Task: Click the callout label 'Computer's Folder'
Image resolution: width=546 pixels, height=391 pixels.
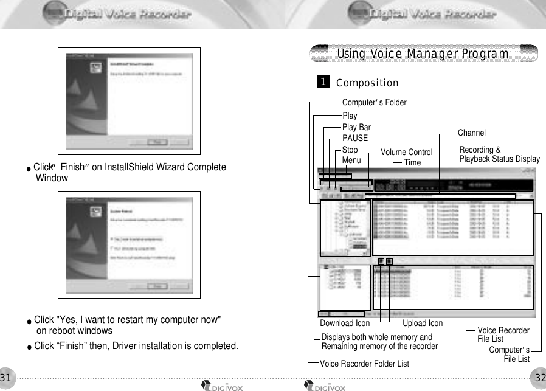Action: [374, 102]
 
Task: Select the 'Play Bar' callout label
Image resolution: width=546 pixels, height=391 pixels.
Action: [356, 127]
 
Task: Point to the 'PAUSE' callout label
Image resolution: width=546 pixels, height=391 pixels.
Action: [355, 138]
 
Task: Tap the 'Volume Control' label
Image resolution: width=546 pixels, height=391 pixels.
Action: [406, 152]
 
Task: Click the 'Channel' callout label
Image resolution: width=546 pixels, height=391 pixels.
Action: [471, 133]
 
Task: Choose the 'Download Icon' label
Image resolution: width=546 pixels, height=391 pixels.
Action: [345, 324]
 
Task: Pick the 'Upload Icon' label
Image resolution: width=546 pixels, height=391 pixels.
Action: [423, 324]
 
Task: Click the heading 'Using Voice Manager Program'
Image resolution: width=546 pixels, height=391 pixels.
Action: [423, 54]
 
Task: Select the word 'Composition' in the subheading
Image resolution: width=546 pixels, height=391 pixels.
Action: [367, 83]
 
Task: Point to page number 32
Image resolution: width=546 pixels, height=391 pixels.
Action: [539, 378]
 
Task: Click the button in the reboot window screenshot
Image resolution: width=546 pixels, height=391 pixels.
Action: [158, 286]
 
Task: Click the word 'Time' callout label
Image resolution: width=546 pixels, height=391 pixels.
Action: [412, 162]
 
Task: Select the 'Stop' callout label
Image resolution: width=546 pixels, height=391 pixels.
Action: [350, 150]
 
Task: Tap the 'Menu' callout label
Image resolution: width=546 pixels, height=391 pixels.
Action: [351, 161]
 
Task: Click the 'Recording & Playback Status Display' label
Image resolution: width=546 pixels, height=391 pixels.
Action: [499, 154]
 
